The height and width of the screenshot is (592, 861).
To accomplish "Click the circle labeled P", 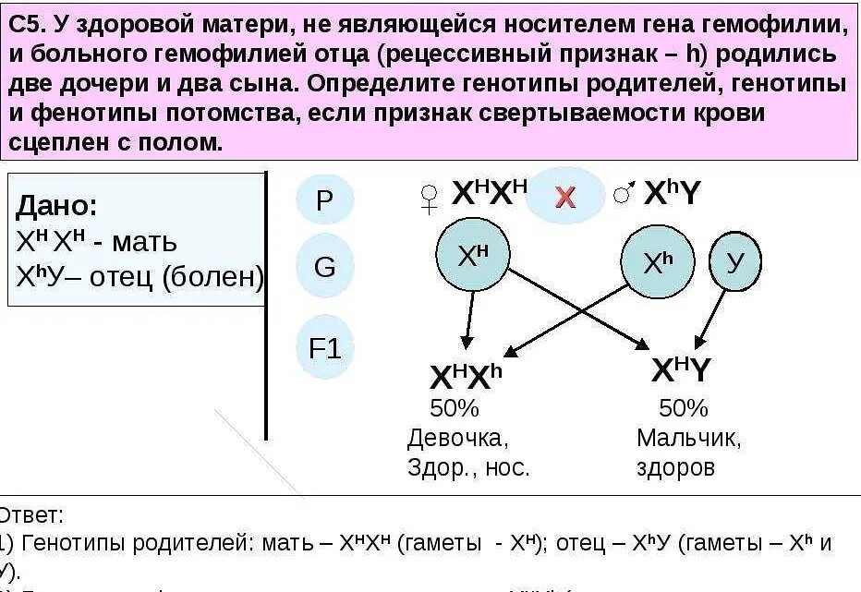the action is click(324, 199).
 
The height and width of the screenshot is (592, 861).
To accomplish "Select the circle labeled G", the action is click(324, 268).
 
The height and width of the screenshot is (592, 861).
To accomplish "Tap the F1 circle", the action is click(324, 349).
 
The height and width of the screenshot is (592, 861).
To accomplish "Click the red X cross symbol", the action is click(564, 196).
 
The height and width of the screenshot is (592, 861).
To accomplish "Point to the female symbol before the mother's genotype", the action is click(430, 199).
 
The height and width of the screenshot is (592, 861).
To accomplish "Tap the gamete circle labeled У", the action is click(735, 263).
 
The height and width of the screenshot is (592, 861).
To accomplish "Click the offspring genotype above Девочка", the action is click(466, 376).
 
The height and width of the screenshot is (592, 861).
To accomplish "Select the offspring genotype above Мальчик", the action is click(681, 371).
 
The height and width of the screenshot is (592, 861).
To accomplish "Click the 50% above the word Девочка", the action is click(454, 408).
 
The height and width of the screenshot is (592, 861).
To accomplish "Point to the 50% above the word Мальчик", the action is click(683, 408).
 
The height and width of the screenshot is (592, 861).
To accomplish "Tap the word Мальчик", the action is click(687, 438).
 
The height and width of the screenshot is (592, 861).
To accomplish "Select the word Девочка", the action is click(457, 438).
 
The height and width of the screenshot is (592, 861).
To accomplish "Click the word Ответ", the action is click(31, 515).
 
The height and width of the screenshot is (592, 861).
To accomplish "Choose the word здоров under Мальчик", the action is click(675, 467).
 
